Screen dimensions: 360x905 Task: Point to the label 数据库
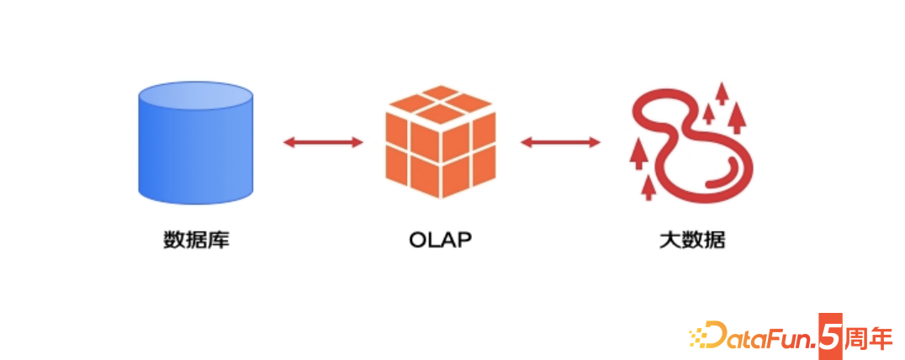(196, 241)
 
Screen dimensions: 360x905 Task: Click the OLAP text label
(440, 241)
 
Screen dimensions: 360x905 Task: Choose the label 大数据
(691, 241)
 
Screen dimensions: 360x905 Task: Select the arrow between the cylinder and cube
(323, 142)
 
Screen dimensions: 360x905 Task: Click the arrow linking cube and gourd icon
(560, 142)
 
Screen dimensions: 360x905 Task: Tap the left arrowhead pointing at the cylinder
(288, 142)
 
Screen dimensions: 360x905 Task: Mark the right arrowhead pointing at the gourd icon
(595, 142)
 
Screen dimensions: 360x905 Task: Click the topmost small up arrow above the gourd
(721, 92)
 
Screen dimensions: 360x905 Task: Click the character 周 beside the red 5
(854, 336)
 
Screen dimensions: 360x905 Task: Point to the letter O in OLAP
(419, 241)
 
